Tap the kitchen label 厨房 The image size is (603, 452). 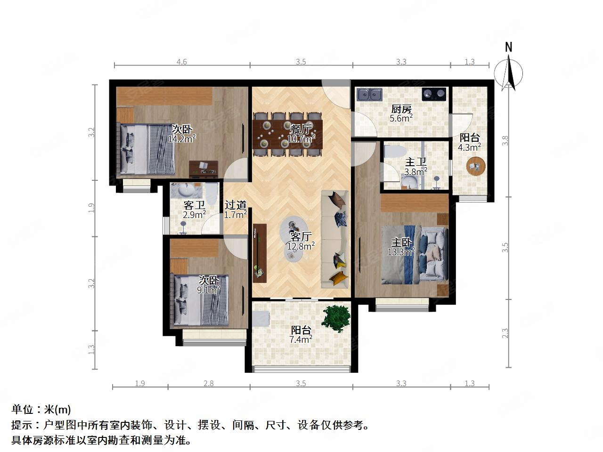[x=401, y=108]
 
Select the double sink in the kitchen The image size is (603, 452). [x=369, y=95]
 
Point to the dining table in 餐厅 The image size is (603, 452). [x=288, y=134]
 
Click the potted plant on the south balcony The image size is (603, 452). [x=336, y=316]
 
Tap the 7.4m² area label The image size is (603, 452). [x=301, y=339]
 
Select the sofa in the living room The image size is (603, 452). [x=335, y=239]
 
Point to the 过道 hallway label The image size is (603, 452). [x=236, y=205]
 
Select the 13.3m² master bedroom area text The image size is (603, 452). [x=401, y=252]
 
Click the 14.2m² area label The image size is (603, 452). [x=182, y=138]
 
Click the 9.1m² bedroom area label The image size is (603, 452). [x=209, y=290]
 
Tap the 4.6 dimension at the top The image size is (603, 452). [x=181, y=62]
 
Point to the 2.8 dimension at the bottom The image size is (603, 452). [x=208, y=383]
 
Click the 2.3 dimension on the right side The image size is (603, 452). [x=505, y=333]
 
